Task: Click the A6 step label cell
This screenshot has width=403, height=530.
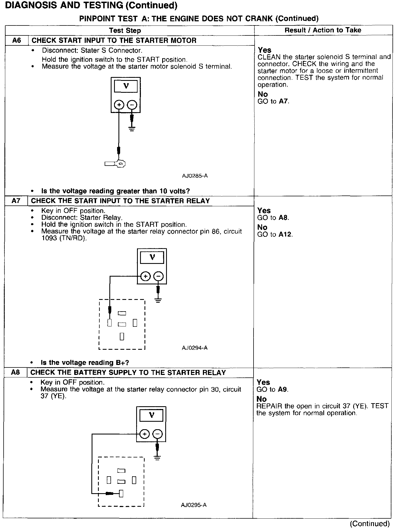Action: point(17,40)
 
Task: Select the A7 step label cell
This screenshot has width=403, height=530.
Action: point(16,201)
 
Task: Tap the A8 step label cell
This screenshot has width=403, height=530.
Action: point(15,372)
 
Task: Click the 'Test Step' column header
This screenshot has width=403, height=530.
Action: point(125,30)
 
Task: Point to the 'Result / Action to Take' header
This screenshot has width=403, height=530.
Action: point(323,30)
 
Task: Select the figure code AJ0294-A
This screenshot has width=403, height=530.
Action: point(195,348)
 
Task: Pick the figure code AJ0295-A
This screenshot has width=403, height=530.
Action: point(194,505)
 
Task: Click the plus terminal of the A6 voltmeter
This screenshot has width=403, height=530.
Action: point(119,105)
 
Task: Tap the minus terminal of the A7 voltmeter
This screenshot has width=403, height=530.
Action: point(158,276)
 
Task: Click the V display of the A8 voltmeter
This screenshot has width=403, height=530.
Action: point(151,415)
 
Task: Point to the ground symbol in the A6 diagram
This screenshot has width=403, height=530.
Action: point(132,129)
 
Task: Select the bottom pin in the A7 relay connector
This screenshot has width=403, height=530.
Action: point(122,336)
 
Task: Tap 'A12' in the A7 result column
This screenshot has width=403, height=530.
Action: point(285,235)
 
